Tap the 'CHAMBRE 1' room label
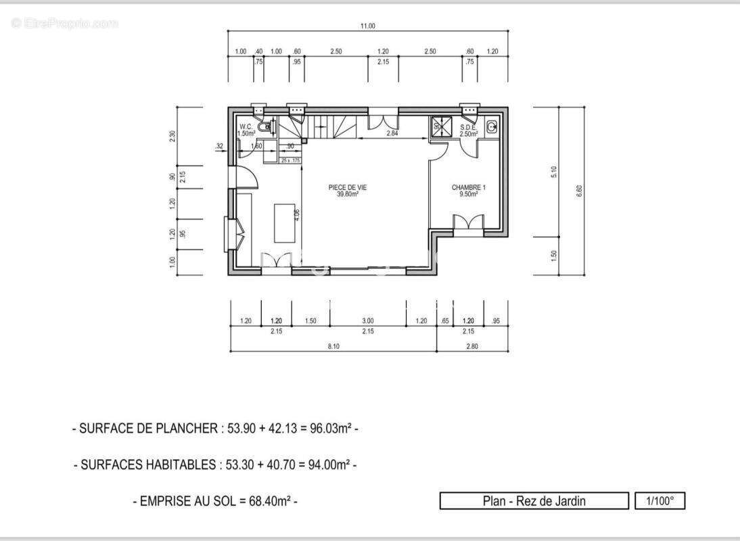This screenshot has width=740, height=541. [468, 187]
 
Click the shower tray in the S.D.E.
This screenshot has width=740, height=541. [438, 126]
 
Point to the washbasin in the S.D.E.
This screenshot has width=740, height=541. [492, 125]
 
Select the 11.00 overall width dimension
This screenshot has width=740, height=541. [367, 26]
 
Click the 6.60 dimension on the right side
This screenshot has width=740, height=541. [579, 191]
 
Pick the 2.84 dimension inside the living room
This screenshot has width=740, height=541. [392, 134]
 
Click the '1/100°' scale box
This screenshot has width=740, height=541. [660, 501]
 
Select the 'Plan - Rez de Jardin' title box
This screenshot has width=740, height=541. [534, 501]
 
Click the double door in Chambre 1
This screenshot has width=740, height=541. [468, 224]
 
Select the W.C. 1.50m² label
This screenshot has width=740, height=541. [246, 130]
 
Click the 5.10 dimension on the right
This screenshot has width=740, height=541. [555, 172]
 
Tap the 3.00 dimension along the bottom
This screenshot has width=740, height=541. [368, 321]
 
